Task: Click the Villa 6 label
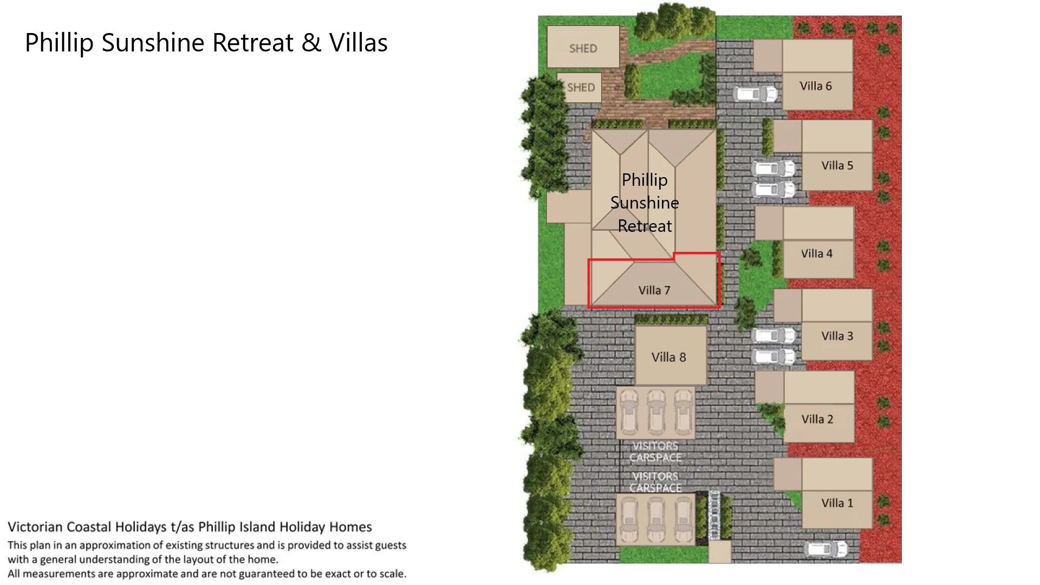click(x=815, y=86)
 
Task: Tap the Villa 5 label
click(x=837, y=166)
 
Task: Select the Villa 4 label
click(x=817, y=253)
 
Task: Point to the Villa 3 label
click(x=837, y=336)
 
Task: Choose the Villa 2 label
click(x=817, y=419)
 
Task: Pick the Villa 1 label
click(x=837, y=503)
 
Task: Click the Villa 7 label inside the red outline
click(x=654, y=290)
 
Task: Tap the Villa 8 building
click(x=671, y=355)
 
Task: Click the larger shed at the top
click(x=583, y=47)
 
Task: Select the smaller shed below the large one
click(x=579, y=88)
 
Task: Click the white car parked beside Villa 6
click(x=756, y=94)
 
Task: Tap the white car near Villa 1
click(x=826, y=549)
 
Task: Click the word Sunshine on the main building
click(x=645, y=203)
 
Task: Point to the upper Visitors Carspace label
click(x=655, y=452)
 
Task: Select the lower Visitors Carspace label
click(x=655, y=482)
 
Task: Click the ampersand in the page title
click(x=311, y=42)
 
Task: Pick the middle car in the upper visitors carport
click(x=656, y=412)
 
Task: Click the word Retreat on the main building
click(x=645, y=226)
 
